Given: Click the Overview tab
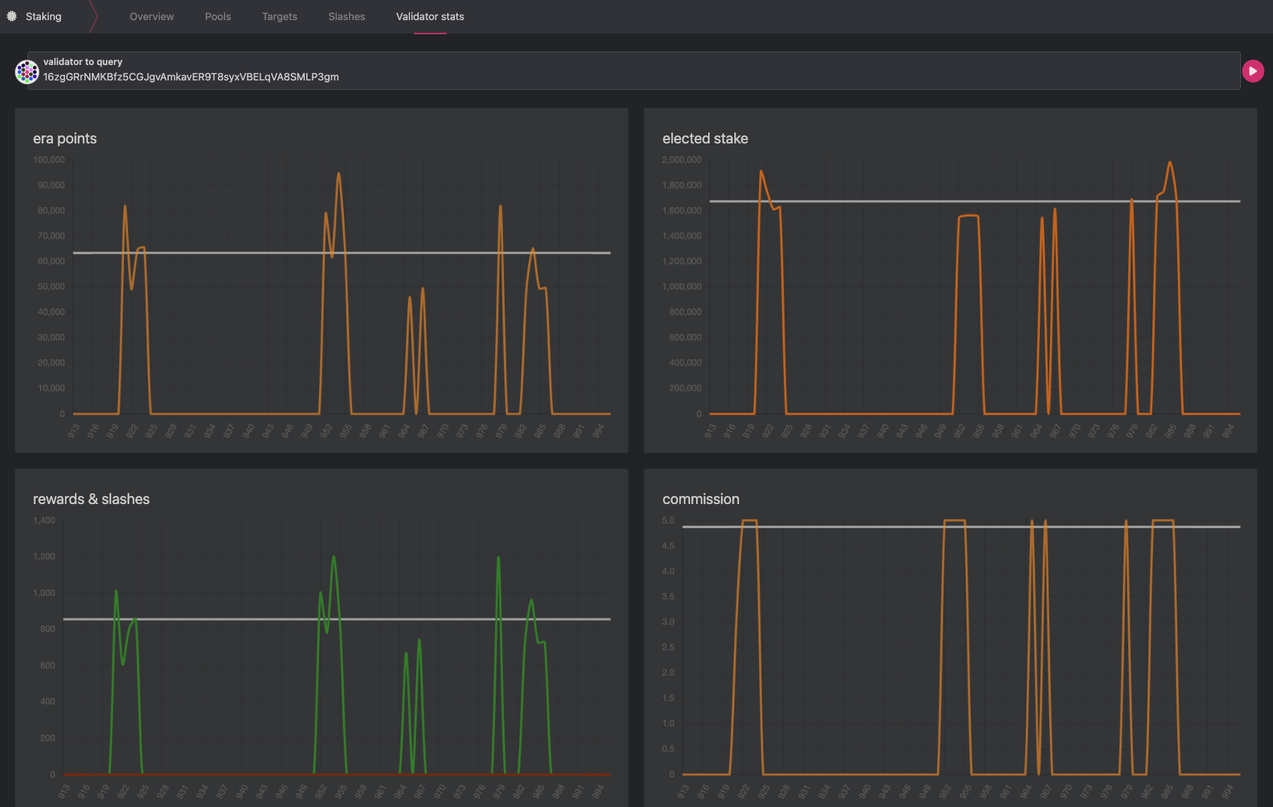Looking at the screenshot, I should [x=151, y=16].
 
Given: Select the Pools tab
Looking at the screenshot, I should [x=218, y=16].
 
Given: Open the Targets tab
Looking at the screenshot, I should [x=279, y=16].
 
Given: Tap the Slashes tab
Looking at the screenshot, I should [x=346, y=16].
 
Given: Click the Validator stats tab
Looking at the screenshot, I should [x=429, y=16].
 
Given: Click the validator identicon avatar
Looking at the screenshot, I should [x=27, y=71].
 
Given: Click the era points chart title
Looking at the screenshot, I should [x=65, y=139].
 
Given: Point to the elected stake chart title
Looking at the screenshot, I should [x=705, y=139].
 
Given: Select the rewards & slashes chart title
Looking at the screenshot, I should [x=91, y=499].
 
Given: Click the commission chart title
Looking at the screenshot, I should [x=701, y=499].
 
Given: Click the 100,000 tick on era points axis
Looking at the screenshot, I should [x=49, y=160].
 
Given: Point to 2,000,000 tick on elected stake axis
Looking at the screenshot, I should [x=681, y=160].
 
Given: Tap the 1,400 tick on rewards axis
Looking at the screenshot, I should [x=44, y=520].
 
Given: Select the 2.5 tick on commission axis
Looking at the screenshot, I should [x=668, y=647].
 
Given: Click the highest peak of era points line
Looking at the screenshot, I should [x=338, y=174].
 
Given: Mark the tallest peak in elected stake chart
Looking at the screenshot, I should [x=1170, y=162].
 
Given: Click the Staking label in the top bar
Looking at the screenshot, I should [x=44, y=16].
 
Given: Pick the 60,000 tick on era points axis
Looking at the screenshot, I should [x=51, y=261].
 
